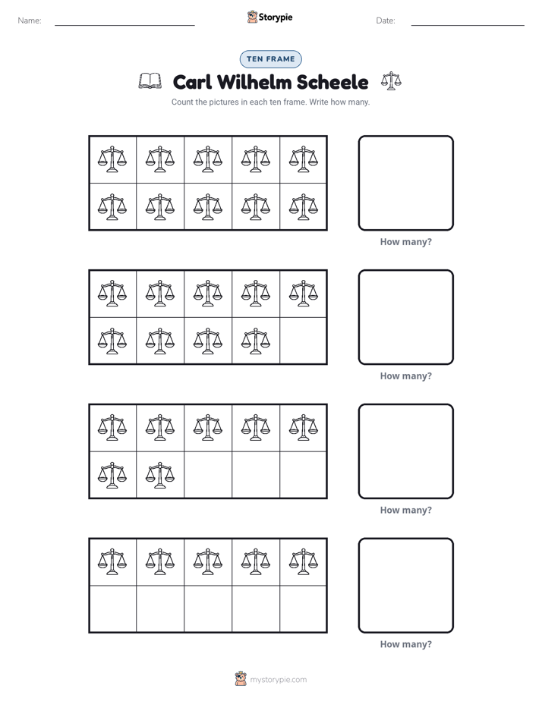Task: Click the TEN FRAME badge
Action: point(270,59)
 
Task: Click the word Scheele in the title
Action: point(332,82)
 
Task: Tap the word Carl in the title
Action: point(192,82)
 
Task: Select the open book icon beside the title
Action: point(150,81)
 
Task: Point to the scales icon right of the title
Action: point(391,81)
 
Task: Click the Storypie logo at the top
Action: point(269,17)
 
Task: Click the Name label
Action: point(30,20)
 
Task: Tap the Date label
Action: point(386,20)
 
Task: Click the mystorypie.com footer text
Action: point(278,680)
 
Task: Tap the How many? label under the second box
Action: point(405,376)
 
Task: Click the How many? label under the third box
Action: point(405,510)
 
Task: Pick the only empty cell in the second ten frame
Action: point(303,341)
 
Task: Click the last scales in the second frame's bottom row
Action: point(255,341)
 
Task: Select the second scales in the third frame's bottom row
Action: point(160,475)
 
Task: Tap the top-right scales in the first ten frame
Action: point(303,159)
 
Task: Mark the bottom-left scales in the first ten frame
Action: point(112,207)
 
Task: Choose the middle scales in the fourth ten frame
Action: point(208,561)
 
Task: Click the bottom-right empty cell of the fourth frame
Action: point(303,609)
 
